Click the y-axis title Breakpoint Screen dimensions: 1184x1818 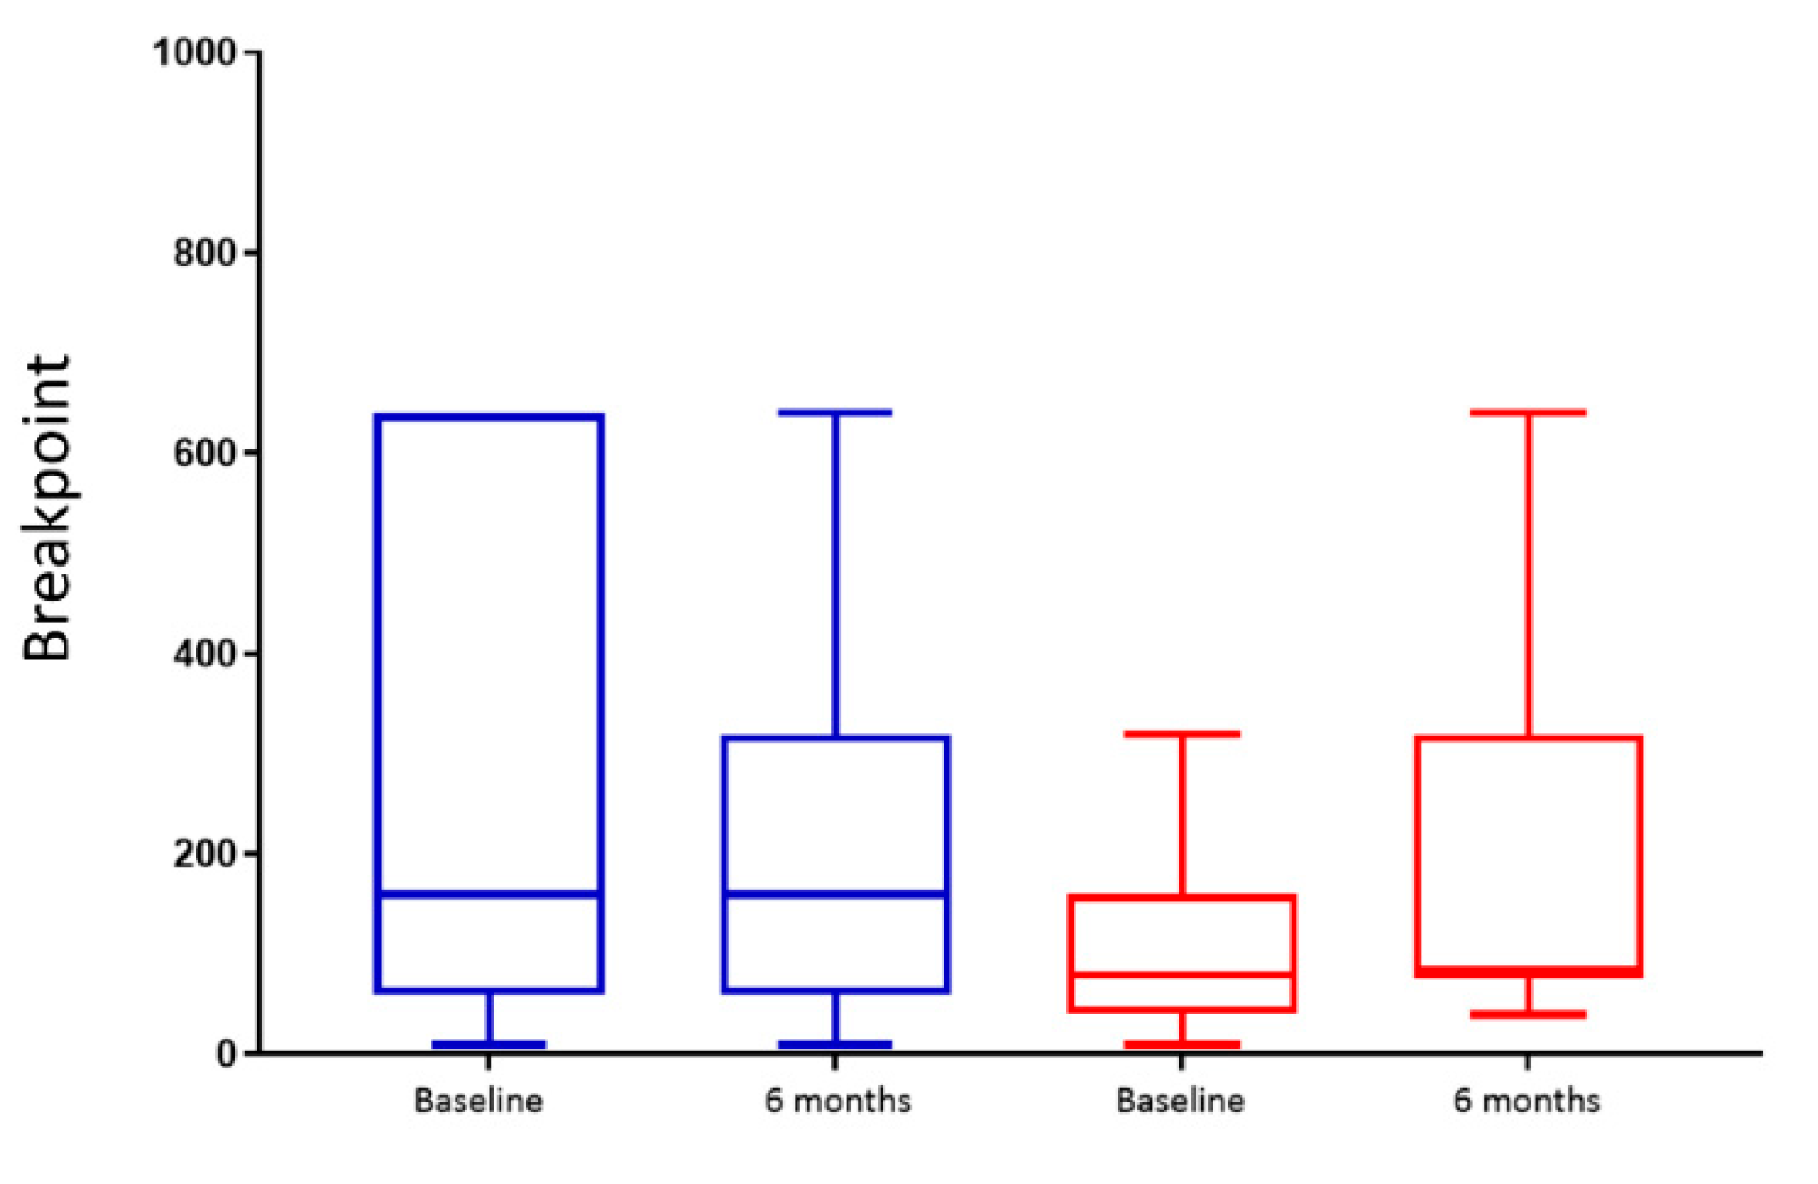coord(47,508)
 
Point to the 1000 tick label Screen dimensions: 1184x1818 coord(195,52)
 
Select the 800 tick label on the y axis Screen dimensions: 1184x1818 coord(204,253)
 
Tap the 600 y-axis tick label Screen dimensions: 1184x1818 coord(204,453)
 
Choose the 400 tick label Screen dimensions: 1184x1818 coord(204,654)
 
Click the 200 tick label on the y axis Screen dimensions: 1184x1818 coord(204,854)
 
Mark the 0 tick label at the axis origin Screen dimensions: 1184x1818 coord(226,1054)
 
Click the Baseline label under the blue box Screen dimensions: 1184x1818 coord(478,1101)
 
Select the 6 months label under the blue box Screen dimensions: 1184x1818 coord(838,1101)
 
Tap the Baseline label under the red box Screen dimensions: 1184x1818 coord(1180,1101)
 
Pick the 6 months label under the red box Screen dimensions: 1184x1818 coord(1527,1101)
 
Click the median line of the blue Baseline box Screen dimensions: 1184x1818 coord(489,893)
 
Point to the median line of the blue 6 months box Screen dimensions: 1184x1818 coord(835,893)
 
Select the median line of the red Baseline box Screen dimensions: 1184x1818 coord(1181,973)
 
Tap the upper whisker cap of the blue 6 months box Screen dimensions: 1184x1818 coord(835,413)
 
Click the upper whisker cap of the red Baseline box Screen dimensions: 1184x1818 coord(1181,734)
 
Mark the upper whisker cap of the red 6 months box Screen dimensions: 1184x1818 coord(1528,413)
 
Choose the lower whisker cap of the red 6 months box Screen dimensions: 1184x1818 coord(1528,1014)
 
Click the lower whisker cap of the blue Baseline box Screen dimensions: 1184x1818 coord(489,1044)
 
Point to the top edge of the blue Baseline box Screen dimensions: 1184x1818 coord(489,416)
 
